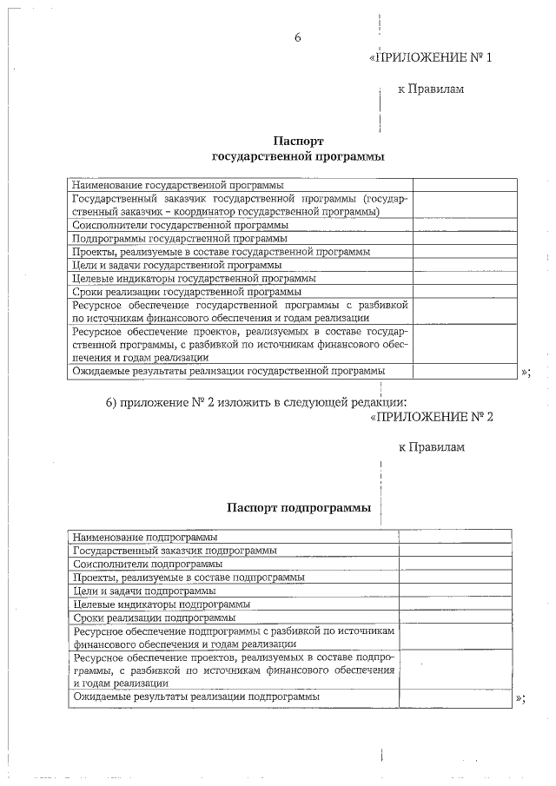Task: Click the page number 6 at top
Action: tap(298, 38)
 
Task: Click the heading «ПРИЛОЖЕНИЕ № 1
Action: tap(431, 59)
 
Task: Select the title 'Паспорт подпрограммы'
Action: tap(299, 507)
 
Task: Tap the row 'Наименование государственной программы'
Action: tap(177, 185)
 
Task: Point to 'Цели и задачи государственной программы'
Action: tap(177, 265)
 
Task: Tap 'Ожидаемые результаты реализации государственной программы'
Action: tap(228, 371)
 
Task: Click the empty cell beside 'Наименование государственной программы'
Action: tap(465, 185)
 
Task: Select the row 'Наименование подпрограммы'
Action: tap(145, 538)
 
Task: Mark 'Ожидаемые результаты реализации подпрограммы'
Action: tap(196, 697)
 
